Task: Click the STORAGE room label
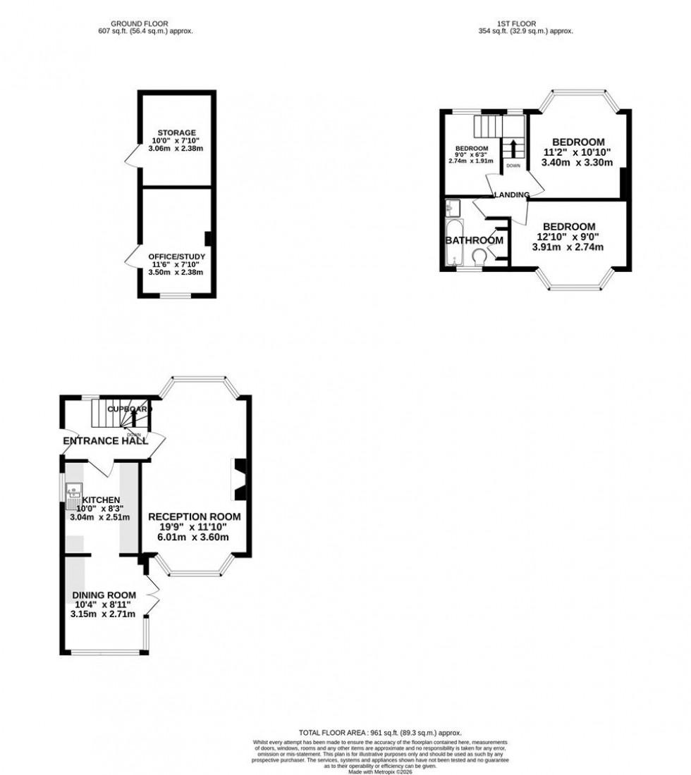pyautogui.click(x=176, y=132)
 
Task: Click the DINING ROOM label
pyautogui.click(x=105, y=595)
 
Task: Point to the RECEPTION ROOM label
pyautogui.click(x=194, y=516)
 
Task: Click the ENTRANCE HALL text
pyautogui.click(x=105, y=441)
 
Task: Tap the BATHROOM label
pyautogui.click(x=474, y=240)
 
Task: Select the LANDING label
pyautogui.click(x=511, y=194)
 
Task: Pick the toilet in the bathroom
pyautogui.click(x=478, y=256)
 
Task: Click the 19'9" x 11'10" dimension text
pyautogui.click(x=194, y=527)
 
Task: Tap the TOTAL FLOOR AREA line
pyautogui.click(x=380, y=733)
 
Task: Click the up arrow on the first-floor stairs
pyautogui.click(x=513, y=149)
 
